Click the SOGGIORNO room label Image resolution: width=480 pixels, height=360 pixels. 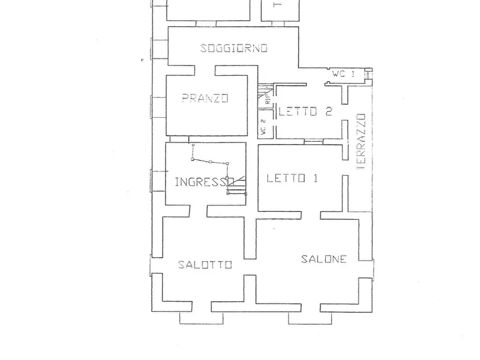pyautogui.click(x=234, y=48)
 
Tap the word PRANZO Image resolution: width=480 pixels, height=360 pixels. pyautogui.click(x=205, y=98)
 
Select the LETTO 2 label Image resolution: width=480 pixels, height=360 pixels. pyautogui.click(x=305, y=112)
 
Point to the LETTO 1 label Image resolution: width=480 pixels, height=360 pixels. pyautogui.click(x=292, y=178)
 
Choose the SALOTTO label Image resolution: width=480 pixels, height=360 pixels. pyautogui.click(x=205, y=264)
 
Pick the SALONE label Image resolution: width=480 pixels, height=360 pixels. pyautogui.click(x=324, y=259)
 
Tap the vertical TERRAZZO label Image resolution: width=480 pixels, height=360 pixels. pyautogui.click(x=361, y=141)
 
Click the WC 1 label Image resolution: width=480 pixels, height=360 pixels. pyautogui.click(x=343, y=74)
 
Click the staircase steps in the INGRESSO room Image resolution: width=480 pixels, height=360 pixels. pyautogui.click(x=237, y=185)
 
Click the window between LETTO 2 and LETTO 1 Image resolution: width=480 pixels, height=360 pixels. pyautogui.click(x=313, y=141)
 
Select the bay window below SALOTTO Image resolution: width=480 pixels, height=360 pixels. pyautogui.click(x=195, y=318)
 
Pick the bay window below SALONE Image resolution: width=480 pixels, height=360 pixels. pyautogui.click(x=305, y=318)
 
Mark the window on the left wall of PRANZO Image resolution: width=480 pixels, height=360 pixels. pyautogui.click(x=158, y=107)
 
